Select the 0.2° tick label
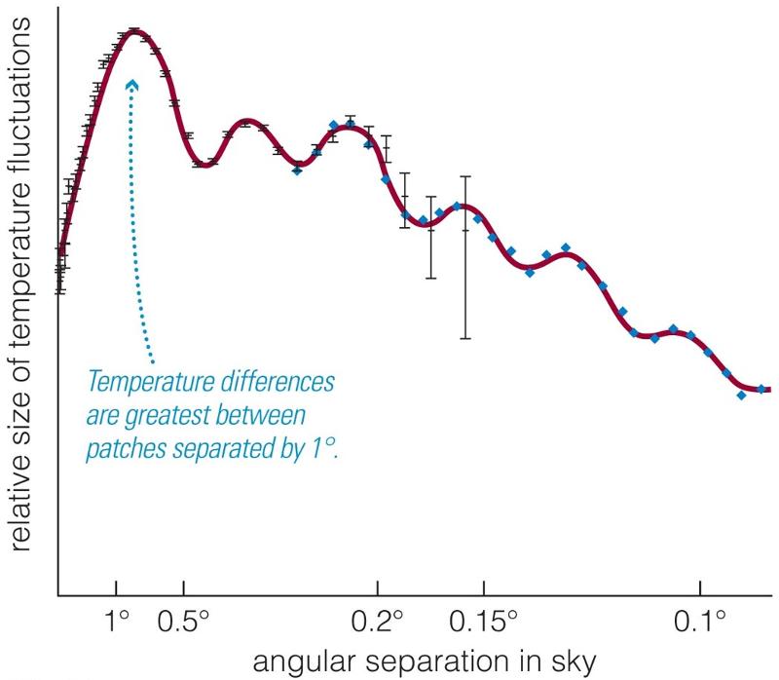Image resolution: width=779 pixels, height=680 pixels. pos(378,621)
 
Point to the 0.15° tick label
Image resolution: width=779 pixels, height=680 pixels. pos(484,621)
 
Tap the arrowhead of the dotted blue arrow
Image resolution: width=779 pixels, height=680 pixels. pos(132,85)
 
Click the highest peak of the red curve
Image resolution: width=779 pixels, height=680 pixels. pos(134,32)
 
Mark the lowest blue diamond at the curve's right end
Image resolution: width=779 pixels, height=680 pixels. pos(742,395)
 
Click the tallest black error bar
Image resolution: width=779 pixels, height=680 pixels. pos(466,257)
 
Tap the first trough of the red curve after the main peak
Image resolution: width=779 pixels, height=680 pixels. pos(203,164)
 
